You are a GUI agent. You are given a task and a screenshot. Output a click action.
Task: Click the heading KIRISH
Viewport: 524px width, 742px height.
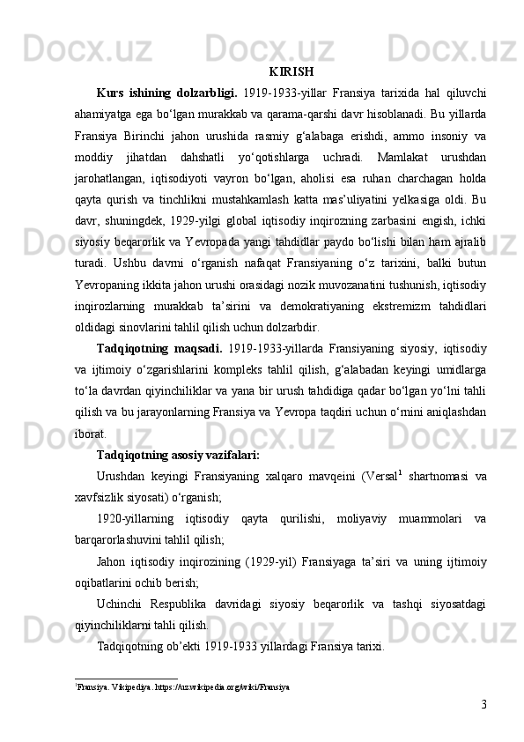pos(292,71)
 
